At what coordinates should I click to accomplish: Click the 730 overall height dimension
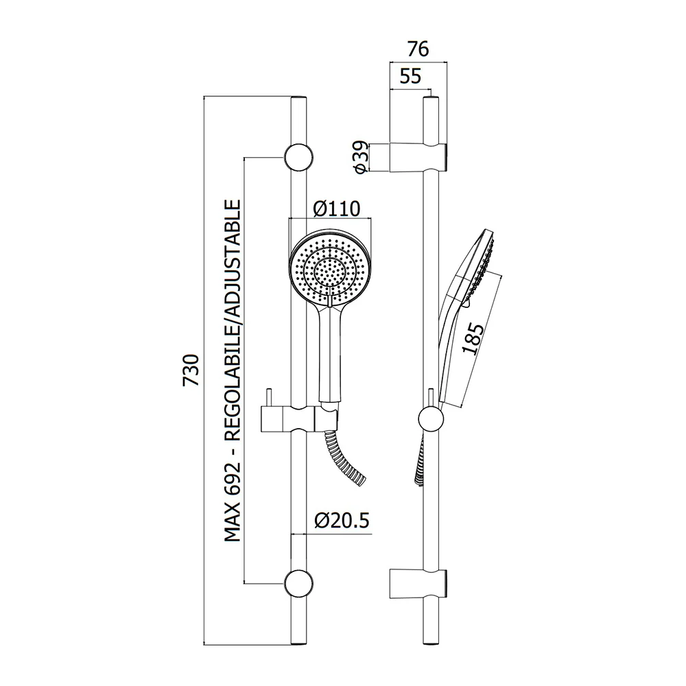(191, 370)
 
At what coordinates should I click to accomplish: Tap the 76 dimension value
(418, 49)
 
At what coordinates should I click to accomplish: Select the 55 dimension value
(410, 76)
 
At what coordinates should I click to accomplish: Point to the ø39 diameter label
(361, 157)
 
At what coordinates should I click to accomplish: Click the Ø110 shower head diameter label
(337, 209)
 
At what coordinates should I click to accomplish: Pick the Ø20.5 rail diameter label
(342, 520)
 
